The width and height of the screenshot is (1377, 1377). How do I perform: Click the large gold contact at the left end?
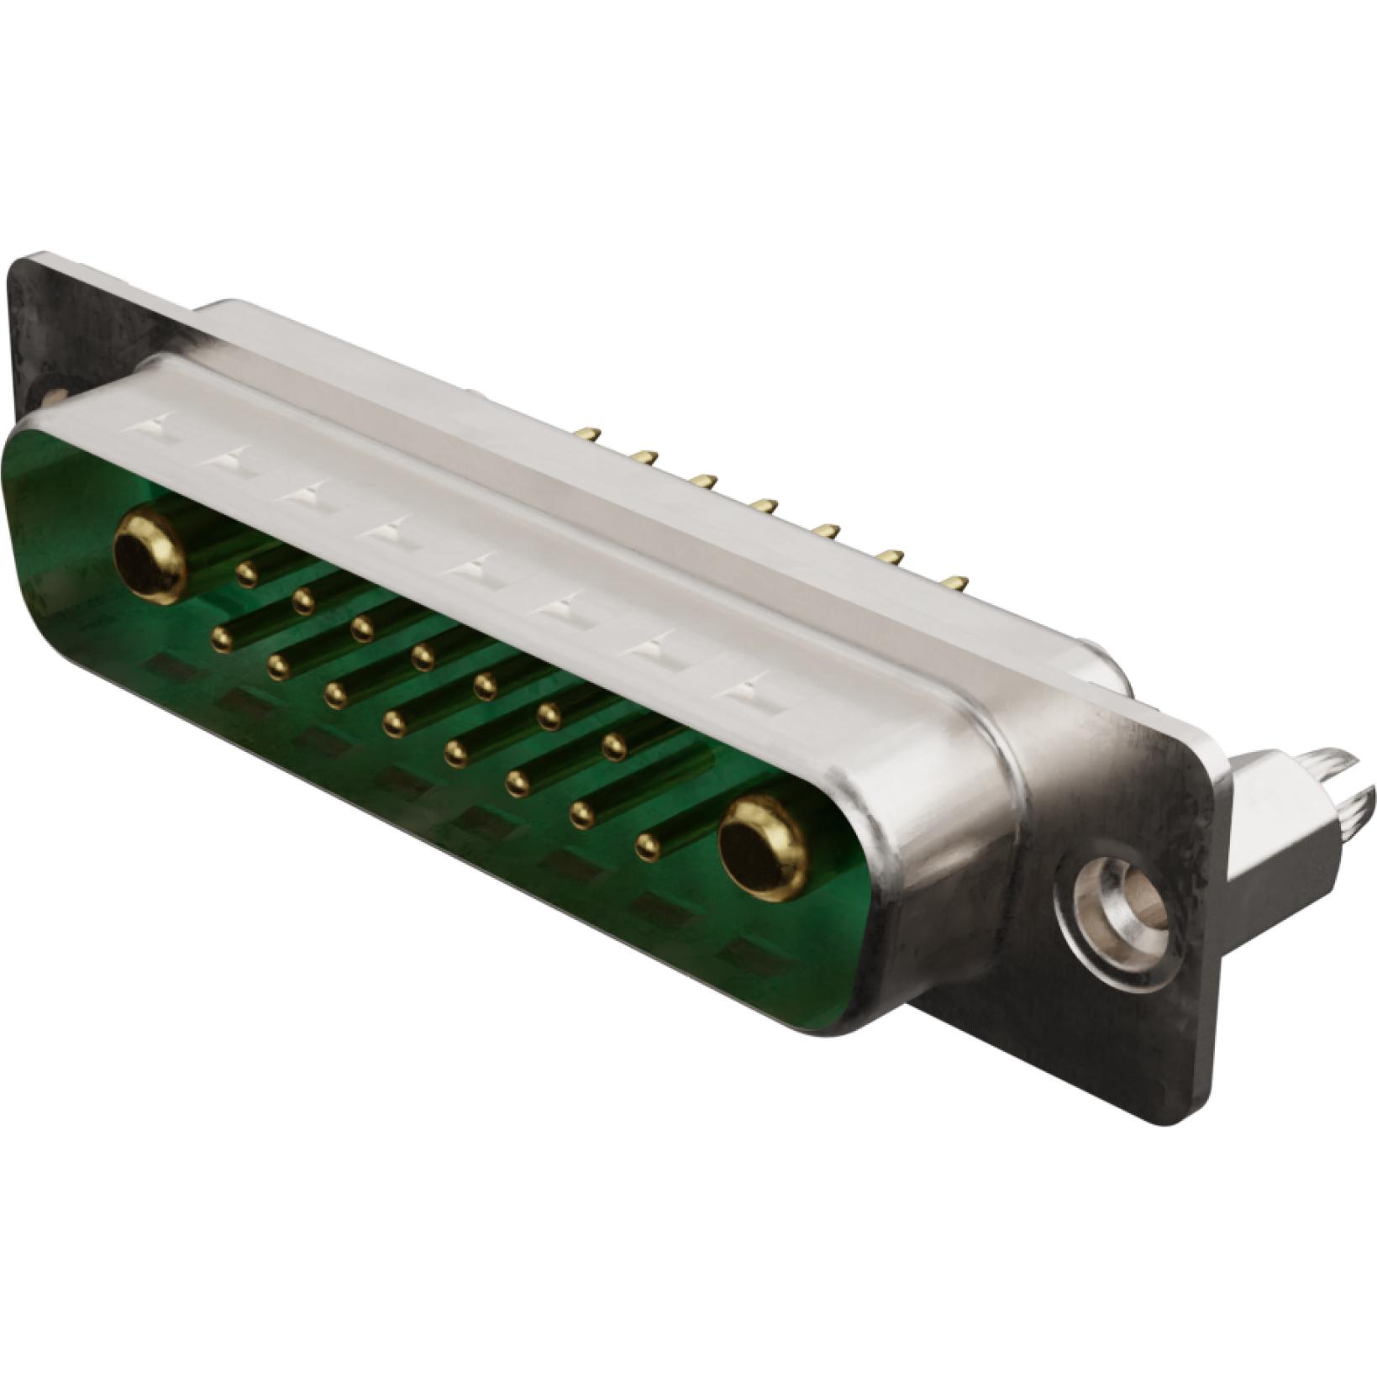(150, 555)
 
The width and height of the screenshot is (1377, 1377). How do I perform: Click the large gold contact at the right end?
(763, 849)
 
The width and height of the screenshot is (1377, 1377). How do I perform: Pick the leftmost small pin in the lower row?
(222, 639)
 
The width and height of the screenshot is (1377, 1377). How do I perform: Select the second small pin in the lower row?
(278, 667)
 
